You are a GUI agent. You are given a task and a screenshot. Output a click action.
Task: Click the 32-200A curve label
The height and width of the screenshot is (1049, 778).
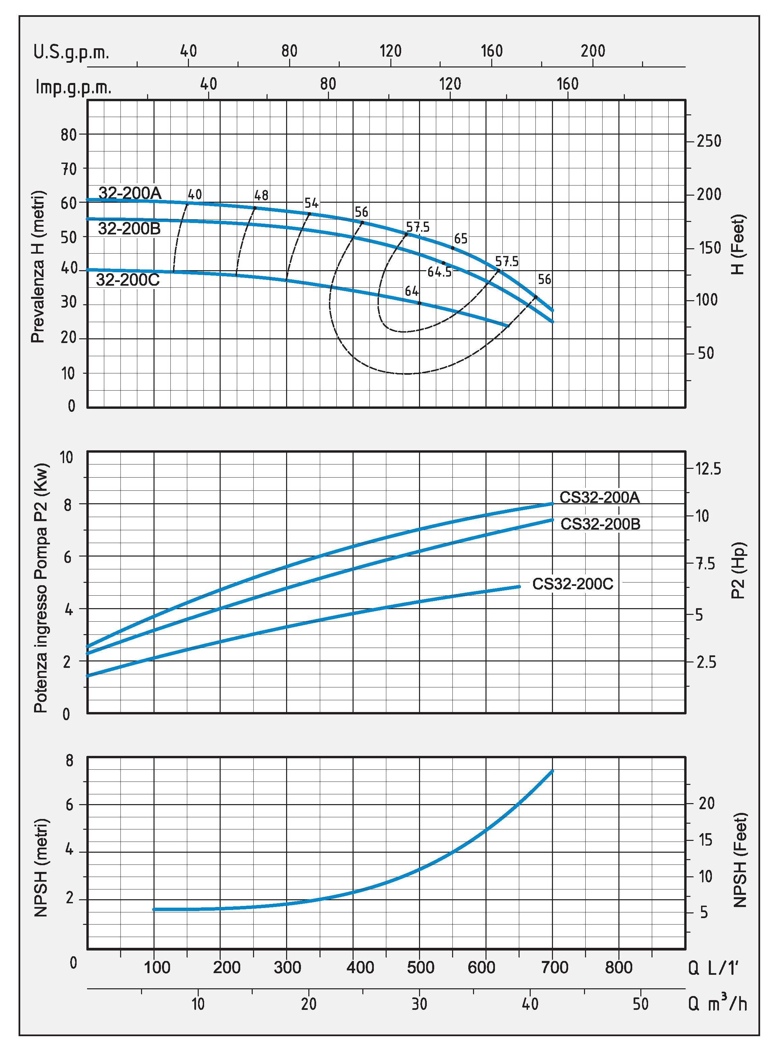[130, 193]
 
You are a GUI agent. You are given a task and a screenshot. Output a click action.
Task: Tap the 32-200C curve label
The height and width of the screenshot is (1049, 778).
[128, 280]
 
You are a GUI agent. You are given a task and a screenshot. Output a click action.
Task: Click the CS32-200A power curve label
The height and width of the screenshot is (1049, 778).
[599, 498]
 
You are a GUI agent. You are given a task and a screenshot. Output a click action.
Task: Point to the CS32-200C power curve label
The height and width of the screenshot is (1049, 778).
[573, 584]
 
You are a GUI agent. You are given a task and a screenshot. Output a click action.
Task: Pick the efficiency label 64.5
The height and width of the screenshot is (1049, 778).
[439, 272]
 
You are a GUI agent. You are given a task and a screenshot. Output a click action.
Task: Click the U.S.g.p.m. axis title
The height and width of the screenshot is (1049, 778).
[71, 52]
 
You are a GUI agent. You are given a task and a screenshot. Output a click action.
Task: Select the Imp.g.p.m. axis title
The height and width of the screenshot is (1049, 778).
[74, 87]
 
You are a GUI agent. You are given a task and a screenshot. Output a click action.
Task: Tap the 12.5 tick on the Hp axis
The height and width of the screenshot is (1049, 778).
[708, 469]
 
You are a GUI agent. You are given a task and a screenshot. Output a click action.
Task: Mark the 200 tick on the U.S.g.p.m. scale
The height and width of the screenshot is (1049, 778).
[592, 51]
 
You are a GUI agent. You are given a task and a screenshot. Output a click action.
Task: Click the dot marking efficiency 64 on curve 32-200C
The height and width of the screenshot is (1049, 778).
[419, 303]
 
